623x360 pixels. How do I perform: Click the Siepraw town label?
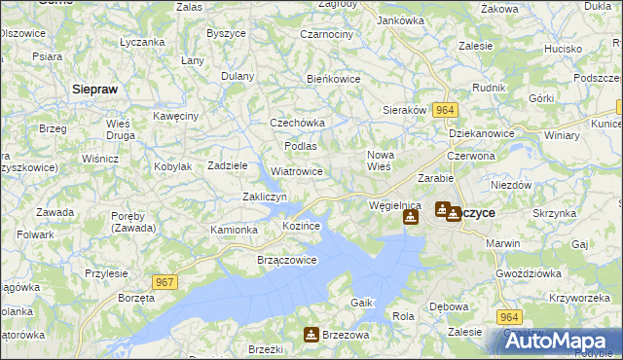click(95, 89)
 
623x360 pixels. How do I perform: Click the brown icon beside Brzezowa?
click(311, 335)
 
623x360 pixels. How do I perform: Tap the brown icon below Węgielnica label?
click(410, 219)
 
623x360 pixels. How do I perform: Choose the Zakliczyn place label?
click(264, 197)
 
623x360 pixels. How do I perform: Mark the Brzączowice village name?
click(286, 260)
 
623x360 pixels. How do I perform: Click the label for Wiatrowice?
click(297, 171)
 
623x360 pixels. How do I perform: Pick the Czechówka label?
click(297, 124)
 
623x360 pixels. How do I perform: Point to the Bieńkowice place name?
click(334, 79)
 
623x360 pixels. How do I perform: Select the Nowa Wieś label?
click(379, 161)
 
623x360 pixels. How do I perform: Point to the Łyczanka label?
click(141, 43)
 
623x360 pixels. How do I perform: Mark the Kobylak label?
click(172, 166)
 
